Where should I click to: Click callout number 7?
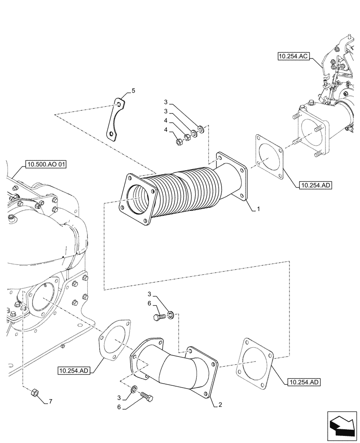(51, 402)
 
